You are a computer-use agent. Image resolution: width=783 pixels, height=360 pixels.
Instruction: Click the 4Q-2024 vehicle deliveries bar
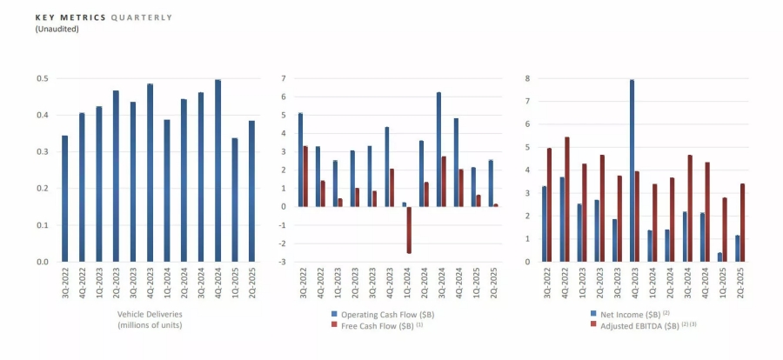(217, 170)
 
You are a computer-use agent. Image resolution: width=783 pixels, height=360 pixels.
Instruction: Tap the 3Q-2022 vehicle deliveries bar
(64, 198)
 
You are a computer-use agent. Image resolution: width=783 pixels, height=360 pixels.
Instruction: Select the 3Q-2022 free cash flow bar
(305, 177)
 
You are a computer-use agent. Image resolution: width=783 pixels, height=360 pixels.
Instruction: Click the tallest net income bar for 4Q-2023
(632, 170)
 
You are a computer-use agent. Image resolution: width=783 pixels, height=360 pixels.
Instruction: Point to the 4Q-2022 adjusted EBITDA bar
(567, 199)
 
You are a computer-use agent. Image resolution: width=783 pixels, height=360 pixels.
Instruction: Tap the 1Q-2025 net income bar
(719, 257)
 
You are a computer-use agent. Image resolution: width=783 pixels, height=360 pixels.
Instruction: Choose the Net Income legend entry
(626, 313)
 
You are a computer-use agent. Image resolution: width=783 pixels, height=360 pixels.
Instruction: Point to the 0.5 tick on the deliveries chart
(43, 79)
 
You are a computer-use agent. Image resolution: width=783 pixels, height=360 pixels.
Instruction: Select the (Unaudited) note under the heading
(57, 29)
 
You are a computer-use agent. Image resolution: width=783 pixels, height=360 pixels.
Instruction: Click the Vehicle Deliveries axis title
(150, 313)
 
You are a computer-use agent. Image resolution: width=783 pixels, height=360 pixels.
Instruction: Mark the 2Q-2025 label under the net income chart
(739, 283)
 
